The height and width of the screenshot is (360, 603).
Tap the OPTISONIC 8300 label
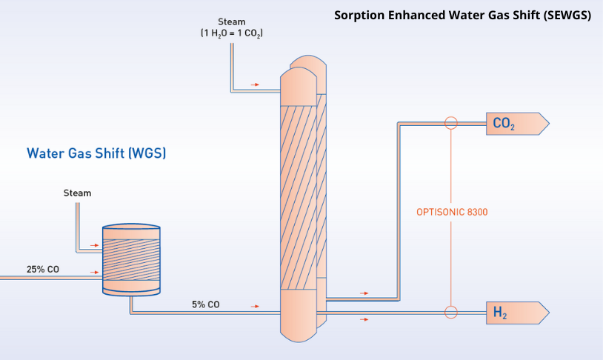point(451,213)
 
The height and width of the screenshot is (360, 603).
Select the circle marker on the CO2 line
point(450,123)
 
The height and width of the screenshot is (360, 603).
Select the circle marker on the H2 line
point(450,312)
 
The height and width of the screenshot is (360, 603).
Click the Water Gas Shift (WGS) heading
point(96,154)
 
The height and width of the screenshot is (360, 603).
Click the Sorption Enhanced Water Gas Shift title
point(462,15)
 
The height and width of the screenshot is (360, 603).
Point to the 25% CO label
point(43,269)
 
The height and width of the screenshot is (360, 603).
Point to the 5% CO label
point(204,304)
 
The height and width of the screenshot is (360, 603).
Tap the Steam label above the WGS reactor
point(77,193)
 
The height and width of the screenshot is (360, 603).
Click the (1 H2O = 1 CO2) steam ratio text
point(232,34)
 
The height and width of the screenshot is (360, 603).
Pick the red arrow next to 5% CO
point(256,305)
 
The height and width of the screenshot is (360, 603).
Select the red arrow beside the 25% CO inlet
point(94,272)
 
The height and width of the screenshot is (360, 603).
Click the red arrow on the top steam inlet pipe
point(255,84)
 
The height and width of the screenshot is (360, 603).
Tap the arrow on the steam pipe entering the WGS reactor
point(94,244)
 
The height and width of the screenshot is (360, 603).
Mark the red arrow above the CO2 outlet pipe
point(364,293)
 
